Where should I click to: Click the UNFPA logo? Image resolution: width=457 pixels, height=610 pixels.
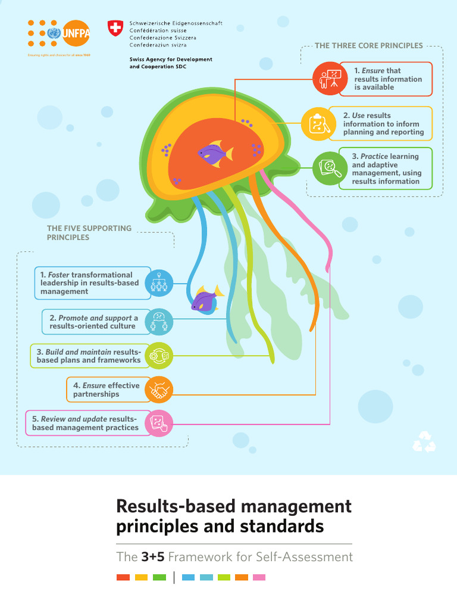[58, 33]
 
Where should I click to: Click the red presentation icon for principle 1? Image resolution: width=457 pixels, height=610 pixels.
[329, 79]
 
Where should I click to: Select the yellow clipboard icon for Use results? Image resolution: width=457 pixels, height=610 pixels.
[317, 123]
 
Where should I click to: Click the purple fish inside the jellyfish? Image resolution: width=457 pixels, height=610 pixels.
[214, 153]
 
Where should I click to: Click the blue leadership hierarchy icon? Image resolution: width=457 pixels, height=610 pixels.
[159, 283]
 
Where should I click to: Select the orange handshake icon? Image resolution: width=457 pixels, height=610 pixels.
[159, 390]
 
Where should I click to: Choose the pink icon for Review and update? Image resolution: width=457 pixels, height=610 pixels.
[159, 424]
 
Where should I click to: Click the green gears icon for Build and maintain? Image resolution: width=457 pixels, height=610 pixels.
[159, 356]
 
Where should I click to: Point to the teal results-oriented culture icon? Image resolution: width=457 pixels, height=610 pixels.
[159, 322]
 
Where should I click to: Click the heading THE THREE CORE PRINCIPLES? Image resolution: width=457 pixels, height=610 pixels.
[368, 45]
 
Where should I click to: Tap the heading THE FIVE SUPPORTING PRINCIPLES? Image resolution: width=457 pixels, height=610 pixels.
[89, 233]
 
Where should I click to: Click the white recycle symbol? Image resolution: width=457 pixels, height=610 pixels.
[424, 442]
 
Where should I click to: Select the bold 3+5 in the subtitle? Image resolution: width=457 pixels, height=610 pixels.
[153, 557]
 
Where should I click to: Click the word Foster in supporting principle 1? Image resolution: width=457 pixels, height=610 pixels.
[58, 275]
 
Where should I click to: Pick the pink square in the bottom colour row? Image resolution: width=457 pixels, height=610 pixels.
[259, 577]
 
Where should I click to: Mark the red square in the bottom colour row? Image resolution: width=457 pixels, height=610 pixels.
[123, 577]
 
